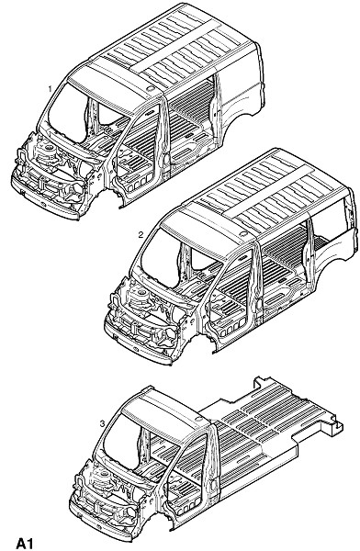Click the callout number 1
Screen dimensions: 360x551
point(50,89)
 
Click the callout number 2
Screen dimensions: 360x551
point(141,235)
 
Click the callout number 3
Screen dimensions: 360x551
point(102,423)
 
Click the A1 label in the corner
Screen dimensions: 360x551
point(25,543)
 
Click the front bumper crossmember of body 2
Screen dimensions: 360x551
point(137,344)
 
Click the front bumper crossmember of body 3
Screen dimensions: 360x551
point(102,523)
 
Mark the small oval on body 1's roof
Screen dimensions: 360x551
point(150,88)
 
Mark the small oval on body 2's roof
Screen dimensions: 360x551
point(242,234)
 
